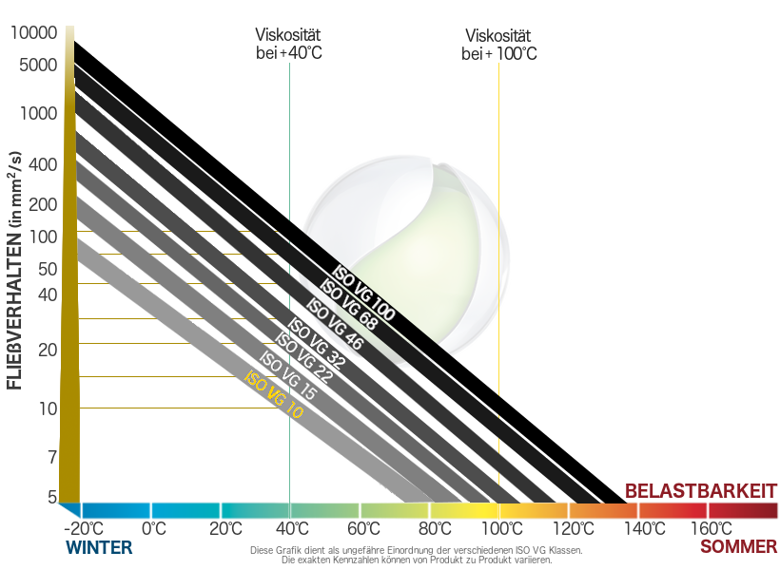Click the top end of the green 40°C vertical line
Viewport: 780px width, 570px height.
coord(289,63)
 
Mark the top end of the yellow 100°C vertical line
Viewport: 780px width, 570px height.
coord(499,63)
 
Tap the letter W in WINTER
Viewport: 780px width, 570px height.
coord(74,547)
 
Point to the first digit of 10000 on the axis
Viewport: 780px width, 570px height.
coord(14,33)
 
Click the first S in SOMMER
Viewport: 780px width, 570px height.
coord(706,547)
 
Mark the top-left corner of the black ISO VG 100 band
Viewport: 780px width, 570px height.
coord(74,41)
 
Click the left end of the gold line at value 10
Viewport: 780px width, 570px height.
coord(80,408)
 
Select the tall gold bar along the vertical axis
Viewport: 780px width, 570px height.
coord(69,264)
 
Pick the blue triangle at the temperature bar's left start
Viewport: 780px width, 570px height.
coord(69,510)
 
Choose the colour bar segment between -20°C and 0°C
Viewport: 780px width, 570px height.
coord(116,510)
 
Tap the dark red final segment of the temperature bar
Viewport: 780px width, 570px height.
coord(743,510)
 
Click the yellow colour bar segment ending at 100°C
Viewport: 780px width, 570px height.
coord(464,510)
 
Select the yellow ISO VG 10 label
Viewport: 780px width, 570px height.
coord(273,395)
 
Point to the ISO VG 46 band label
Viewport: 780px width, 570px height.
coord(335,324)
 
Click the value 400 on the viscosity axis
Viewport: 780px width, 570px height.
coord(43,165)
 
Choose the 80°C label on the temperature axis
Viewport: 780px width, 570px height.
coord(435,529)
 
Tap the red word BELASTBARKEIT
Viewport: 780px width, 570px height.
coord(701,491)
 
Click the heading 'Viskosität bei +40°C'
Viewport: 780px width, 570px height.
coord(288,44)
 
